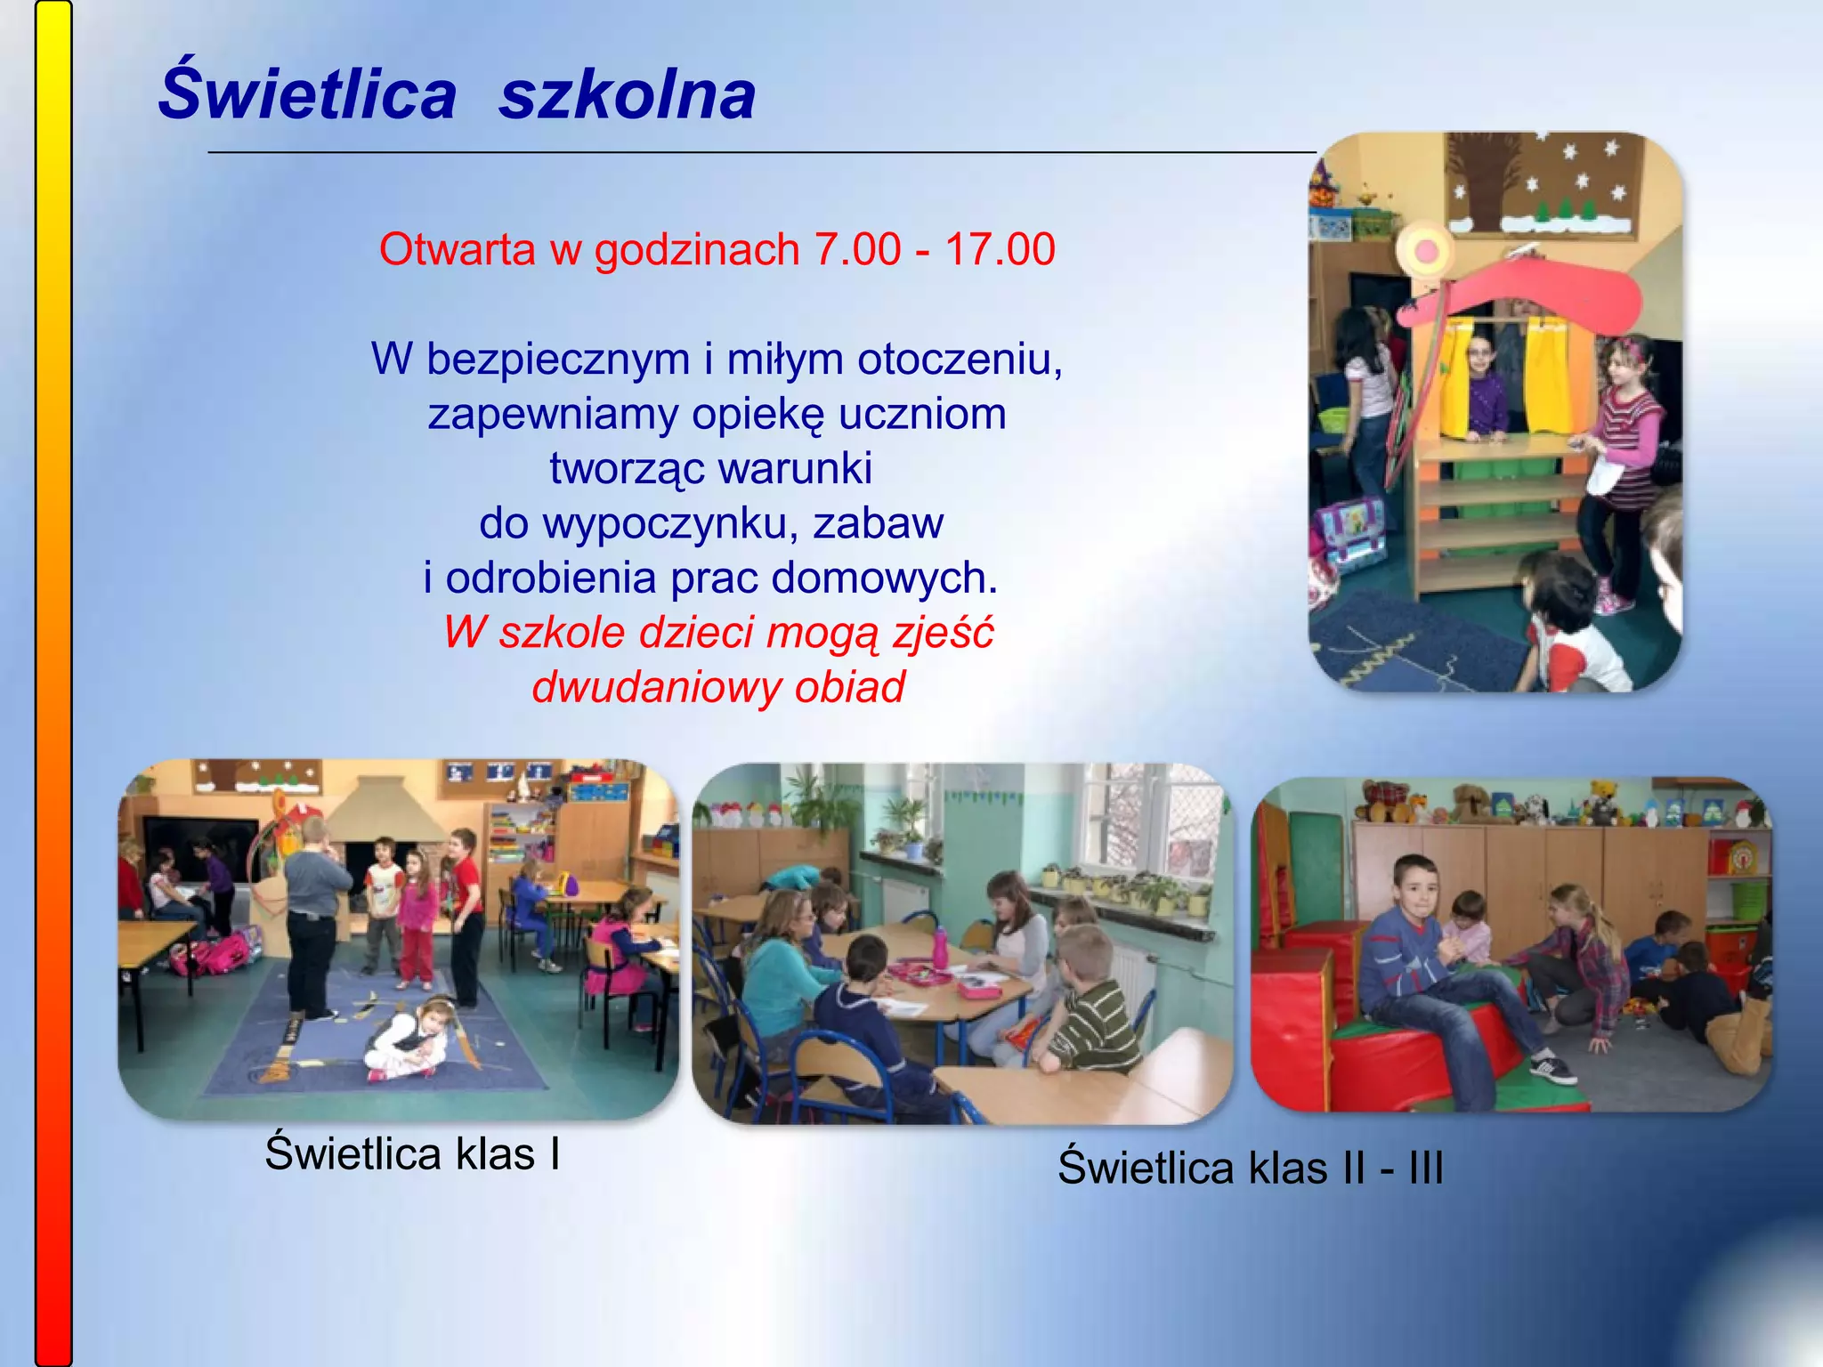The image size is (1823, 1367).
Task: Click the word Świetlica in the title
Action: tap(307, 95)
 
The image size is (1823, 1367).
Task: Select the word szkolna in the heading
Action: tap(627, 95)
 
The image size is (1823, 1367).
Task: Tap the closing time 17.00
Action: tap(1000, 249)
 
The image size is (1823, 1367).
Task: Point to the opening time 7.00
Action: tap(857, 249)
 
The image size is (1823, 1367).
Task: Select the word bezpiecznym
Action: tap(557, 360)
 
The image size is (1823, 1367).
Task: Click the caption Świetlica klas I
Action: tap(412, 1153)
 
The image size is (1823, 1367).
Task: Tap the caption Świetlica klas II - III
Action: tap(1250, 1168)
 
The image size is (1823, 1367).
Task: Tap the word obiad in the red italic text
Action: tap(850, 687)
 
